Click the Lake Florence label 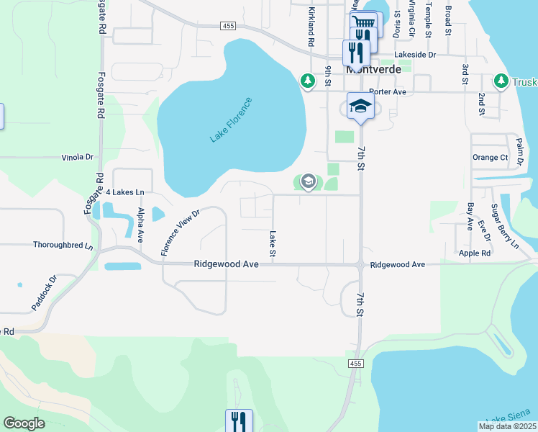coord(232,120)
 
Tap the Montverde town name coord(373,70)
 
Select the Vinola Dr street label coord(78,157)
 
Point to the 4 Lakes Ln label coord(125,193)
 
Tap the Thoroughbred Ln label coord(63,245)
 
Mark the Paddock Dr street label coord(43,293)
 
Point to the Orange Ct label coord(490,157)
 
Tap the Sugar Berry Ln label coord(504,226)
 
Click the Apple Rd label coord(475,253)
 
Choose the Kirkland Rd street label coord(311,27)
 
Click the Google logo coord(24,424)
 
